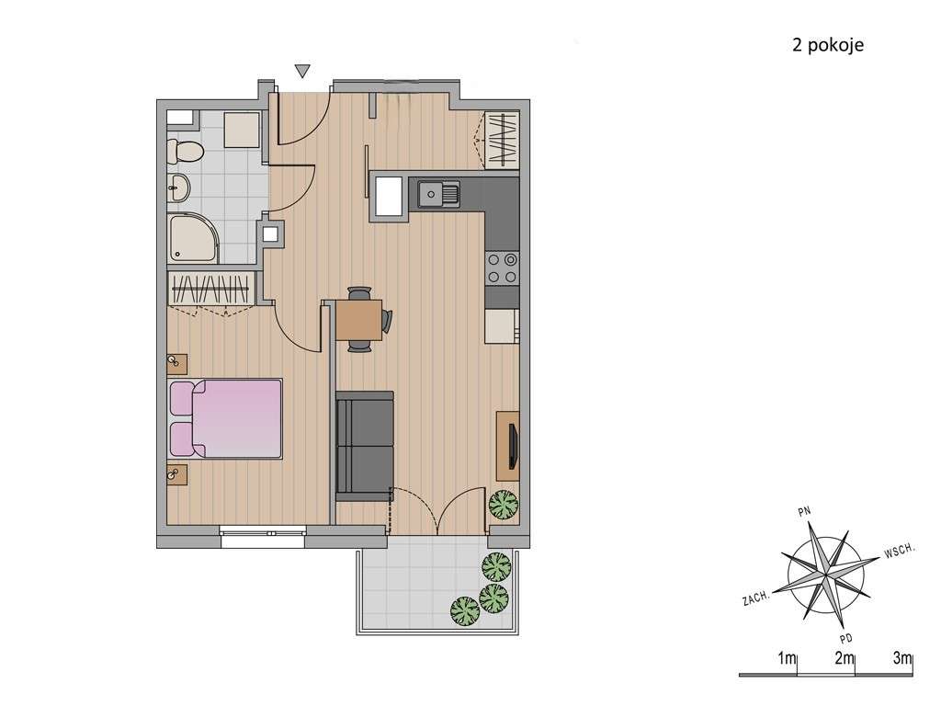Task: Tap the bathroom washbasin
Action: point(179,188)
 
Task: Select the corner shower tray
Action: point(193,238)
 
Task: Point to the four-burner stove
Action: point(502,268)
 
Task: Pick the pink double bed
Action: point(226,418)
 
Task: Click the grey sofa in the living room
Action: point(364,446)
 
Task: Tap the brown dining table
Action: point(359,320)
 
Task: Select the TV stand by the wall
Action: point(507,445)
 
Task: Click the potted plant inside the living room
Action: point(503,505)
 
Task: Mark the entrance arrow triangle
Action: point(302,71)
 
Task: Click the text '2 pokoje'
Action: point(828,46)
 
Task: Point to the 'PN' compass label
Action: point(805,511)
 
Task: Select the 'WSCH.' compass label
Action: point(899,551)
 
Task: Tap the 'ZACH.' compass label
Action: point(756,598)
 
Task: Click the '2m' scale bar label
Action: point(844,658)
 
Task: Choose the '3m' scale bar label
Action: point(901,658)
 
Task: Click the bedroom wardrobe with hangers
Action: point(211,290)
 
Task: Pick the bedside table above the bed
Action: point(177,364)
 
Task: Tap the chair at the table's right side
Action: point(387,321)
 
